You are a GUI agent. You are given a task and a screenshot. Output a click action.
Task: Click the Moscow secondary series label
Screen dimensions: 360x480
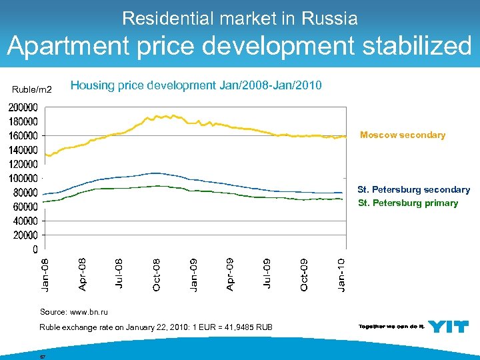tap(402, 135)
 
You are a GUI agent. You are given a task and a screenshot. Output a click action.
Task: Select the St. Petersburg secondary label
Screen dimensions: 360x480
tap(413, 190)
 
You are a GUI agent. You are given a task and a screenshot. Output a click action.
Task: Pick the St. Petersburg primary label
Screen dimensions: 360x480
tap(407, 203)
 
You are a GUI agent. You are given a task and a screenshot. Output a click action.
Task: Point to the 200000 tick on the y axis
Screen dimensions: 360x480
tap(23, 107)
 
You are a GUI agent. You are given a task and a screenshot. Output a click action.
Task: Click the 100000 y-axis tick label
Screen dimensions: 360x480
tap(23, 178)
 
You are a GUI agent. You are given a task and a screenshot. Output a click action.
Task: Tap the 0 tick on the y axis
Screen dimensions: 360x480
tap(34, 249)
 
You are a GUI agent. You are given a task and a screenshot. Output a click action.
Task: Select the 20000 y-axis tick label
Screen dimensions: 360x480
tap(25, 235)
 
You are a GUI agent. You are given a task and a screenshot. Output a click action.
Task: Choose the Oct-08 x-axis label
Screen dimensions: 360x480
tap(156, 274)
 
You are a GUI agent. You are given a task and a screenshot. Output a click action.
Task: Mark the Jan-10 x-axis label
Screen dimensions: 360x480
tap(341, 274)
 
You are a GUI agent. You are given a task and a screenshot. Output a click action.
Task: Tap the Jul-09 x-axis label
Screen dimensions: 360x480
tap(267, 274)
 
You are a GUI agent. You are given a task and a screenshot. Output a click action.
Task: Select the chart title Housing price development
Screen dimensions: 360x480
tap(196, 85)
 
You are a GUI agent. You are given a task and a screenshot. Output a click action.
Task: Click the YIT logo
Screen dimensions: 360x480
tap(448, 326)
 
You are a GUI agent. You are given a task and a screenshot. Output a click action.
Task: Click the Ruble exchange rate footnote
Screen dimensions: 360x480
tap(155, 327)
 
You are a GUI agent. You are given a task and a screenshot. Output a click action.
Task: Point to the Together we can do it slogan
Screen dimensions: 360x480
tap(391, 326)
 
